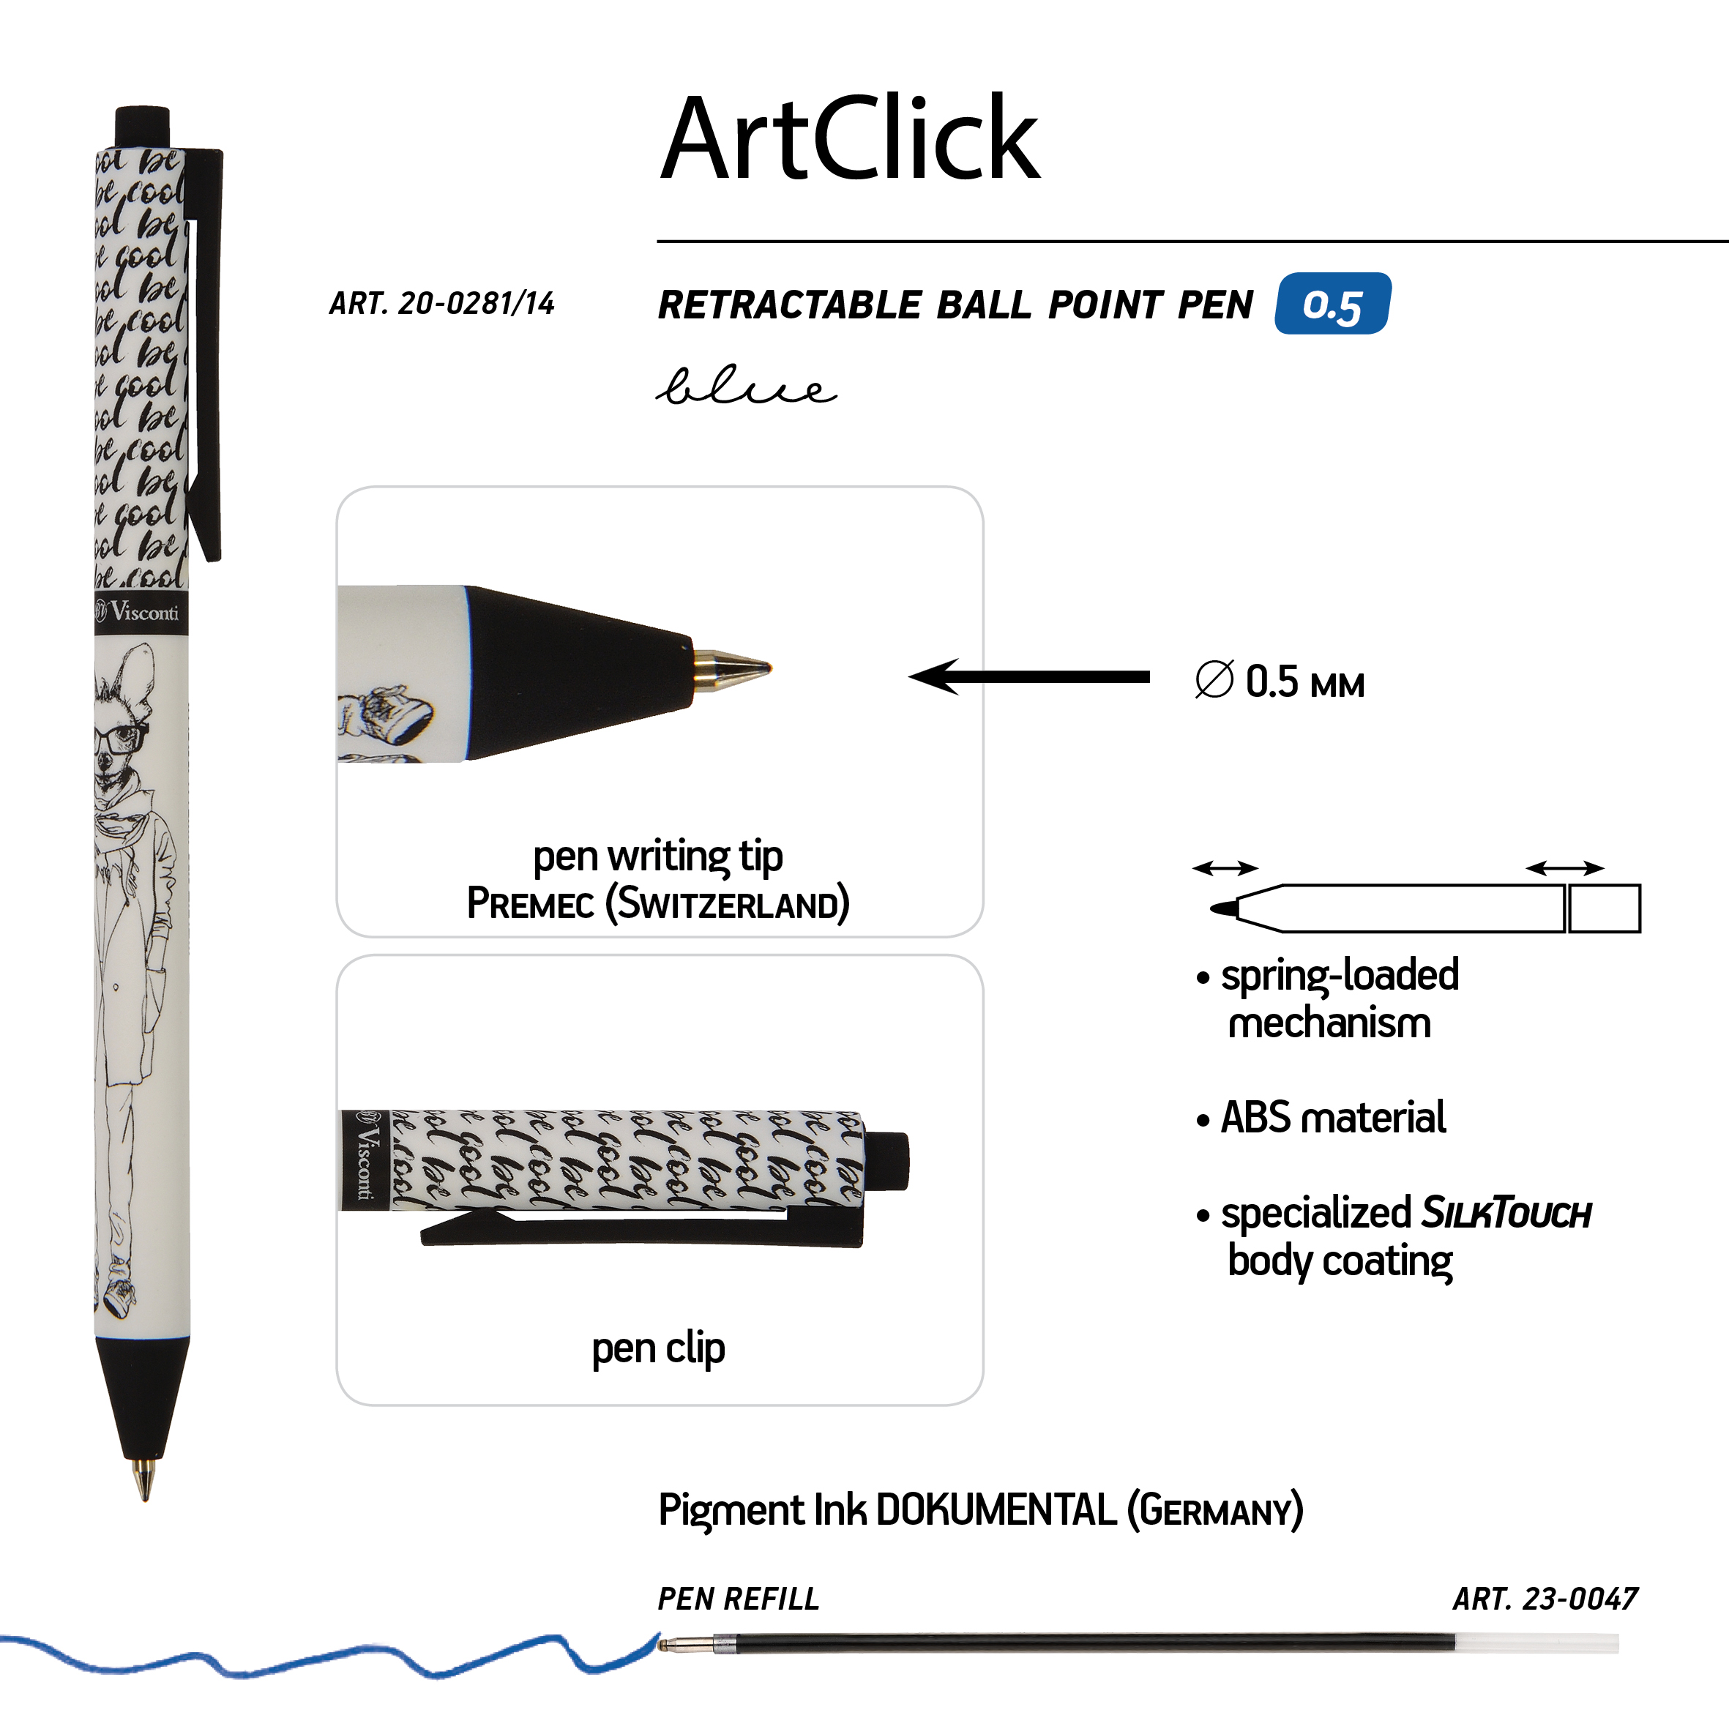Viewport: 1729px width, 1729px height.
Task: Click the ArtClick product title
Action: (849, 138)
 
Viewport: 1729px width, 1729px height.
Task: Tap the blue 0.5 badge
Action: (1332, 303)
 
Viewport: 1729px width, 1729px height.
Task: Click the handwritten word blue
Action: (747, 386)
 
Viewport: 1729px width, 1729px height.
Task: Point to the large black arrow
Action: (1028, 676)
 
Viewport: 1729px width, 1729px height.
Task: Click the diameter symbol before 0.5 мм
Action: (1214, 680)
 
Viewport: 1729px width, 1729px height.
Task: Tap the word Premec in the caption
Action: (531, 903)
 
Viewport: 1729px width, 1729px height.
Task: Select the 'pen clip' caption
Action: (659, 1348)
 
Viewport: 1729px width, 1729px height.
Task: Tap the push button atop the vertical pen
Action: (142, 124)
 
